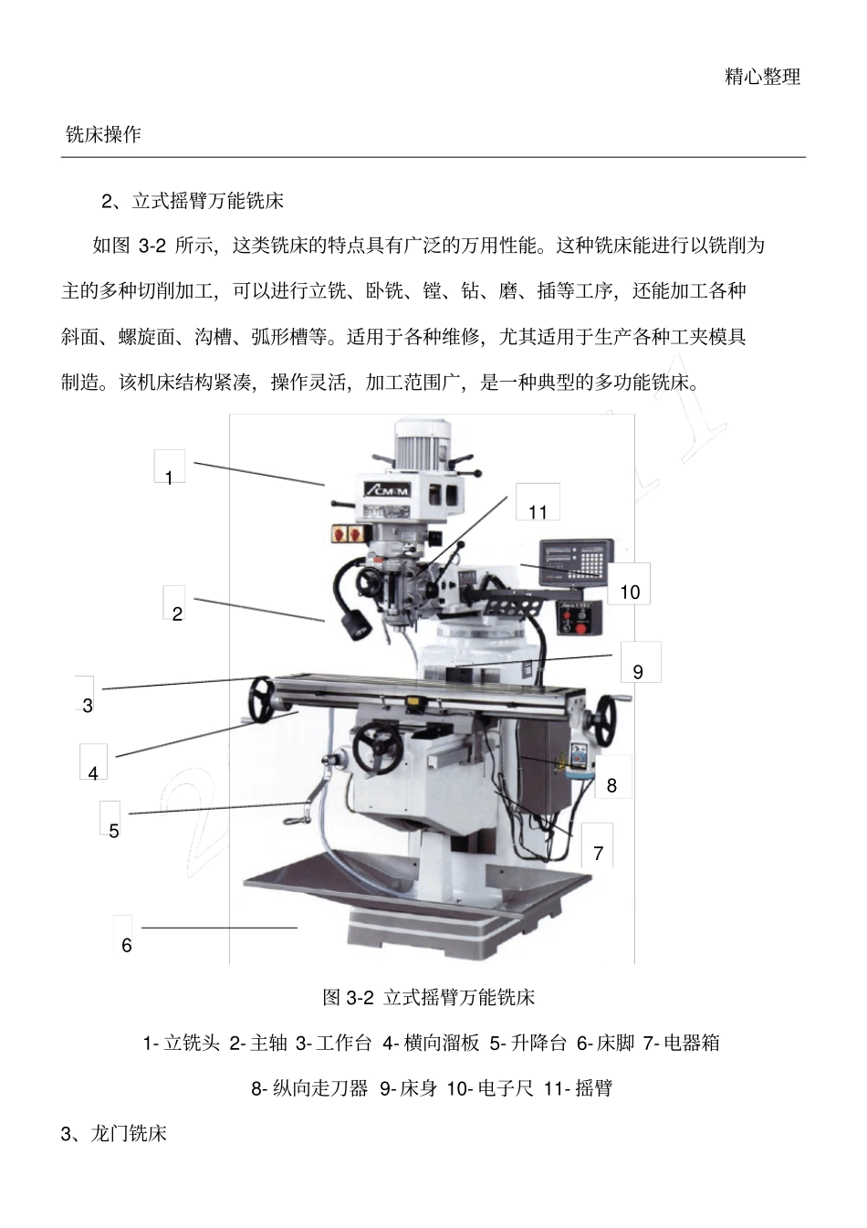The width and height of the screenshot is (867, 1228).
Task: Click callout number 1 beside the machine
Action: coord(169,478)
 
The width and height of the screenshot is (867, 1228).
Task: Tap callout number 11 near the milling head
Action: coord(538,512)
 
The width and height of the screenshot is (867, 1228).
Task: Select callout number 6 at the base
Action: coord(127,945)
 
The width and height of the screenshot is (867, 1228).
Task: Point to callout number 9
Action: coord(638,671)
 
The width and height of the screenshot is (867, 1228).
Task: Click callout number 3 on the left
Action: coord(88,705)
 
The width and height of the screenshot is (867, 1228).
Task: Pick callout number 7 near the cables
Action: coord(599,853)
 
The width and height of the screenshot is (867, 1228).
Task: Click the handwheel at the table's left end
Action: coord(263,699)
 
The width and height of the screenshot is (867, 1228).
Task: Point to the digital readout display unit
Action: coord(574,559)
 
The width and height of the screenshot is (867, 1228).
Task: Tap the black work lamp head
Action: coord(355,626)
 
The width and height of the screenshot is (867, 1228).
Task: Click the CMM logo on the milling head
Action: coord(388,490)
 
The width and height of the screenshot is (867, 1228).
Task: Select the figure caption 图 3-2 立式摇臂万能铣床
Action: coord(428,997)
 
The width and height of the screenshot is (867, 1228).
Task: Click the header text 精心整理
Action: coord(762,77)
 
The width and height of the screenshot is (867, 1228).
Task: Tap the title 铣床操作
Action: coord(103,135)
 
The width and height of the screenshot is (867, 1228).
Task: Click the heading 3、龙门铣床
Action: coord(114,1134)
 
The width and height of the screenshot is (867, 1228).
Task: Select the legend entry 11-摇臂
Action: coord(577,1088)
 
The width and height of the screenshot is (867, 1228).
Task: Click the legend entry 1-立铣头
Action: coord(181,1043)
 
